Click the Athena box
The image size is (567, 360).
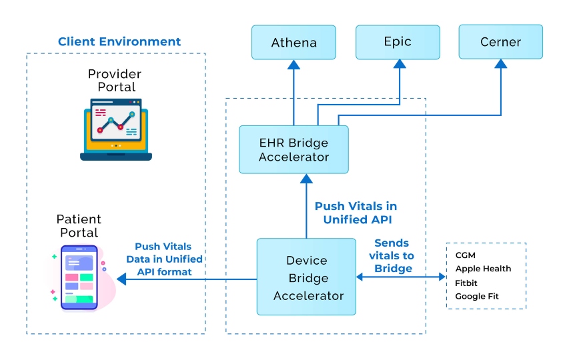pos(294,43)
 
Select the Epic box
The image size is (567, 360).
pos(398,42)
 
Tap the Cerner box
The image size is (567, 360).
pos(500,42)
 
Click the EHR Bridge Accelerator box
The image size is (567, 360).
pos(294,150)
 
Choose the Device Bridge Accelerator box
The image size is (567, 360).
pos(308,277)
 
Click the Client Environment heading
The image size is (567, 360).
pos(119,41)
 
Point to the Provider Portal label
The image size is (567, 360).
pos(115,80)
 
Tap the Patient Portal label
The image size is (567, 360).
pos(79,226)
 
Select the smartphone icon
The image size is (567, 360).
pos(79,277)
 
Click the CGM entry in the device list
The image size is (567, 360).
pos(466,255)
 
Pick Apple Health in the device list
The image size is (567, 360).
pos(483,269)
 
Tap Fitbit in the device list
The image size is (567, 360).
pos(466,283)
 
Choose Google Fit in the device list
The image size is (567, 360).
pos(477,296)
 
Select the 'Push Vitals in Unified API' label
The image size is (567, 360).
pos(356,213)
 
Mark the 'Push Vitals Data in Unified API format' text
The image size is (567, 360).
pos(164,259)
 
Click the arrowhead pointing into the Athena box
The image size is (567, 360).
pos(294,64)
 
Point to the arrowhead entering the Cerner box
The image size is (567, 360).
pos(500,64)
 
